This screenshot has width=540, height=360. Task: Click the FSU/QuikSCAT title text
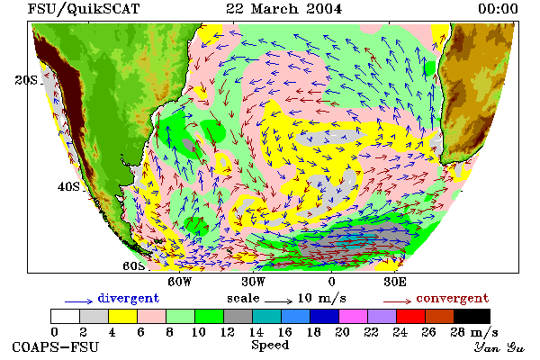(84, 9)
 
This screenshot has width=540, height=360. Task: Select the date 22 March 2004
(284, 9)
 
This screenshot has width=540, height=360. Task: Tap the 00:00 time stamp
(498, 9)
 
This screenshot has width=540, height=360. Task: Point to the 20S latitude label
(26, 80)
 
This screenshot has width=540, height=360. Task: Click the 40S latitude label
(68, 186)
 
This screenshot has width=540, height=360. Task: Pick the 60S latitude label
(134, 266)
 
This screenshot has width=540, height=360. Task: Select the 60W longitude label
(179, 282)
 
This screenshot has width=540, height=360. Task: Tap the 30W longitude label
(254, 282)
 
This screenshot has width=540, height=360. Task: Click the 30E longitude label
(395, 282)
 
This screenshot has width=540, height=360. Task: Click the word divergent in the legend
(129, 298)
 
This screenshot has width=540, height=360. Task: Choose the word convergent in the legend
(453, 298)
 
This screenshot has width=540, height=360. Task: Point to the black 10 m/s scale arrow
(279, 301)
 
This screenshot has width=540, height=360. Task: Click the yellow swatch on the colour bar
(123, 316)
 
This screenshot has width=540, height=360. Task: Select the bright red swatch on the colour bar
(410, 316)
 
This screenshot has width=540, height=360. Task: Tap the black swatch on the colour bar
(472, 316)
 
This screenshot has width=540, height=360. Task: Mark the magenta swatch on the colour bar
(354, 316)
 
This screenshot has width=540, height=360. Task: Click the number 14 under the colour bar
(256, 332)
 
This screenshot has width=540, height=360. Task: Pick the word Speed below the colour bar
(270, 346)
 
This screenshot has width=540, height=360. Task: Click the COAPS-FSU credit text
(56, 346)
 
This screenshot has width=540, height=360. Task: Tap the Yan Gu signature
(499, 346)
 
